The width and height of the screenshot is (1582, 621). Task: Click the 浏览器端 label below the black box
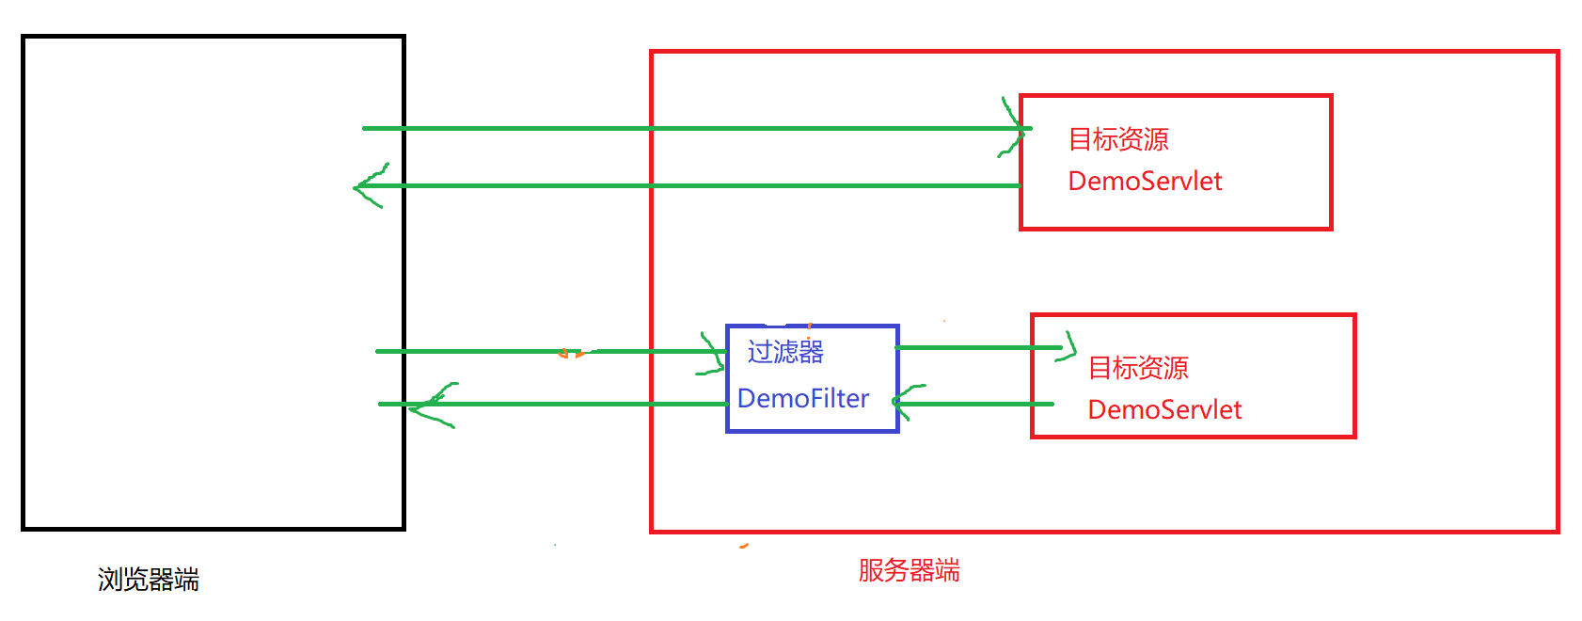pos(149,580)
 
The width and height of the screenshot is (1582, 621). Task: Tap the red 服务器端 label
pos(909,570)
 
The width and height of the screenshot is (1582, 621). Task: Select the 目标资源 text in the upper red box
pos(1118,139)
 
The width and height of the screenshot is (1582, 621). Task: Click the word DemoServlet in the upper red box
pos(1145,181)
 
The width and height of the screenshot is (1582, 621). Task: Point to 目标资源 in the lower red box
pos(1138,368)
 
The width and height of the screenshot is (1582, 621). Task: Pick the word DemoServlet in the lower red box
pos(1164,409)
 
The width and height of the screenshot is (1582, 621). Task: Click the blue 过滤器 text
pos(785,352)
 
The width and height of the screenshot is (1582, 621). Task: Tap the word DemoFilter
pos(802,398)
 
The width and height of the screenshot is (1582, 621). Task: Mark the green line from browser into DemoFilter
pos(489,351)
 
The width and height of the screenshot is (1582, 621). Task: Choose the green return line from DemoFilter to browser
pos(564,404)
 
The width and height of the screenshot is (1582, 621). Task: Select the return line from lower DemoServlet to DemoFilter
pos(978,404)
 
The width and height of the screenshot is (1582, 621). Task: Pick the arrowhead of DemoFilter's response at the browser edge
pos(431,404)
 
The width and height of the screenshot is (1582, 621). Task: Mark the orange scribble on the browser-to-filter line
pos(570,353)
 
